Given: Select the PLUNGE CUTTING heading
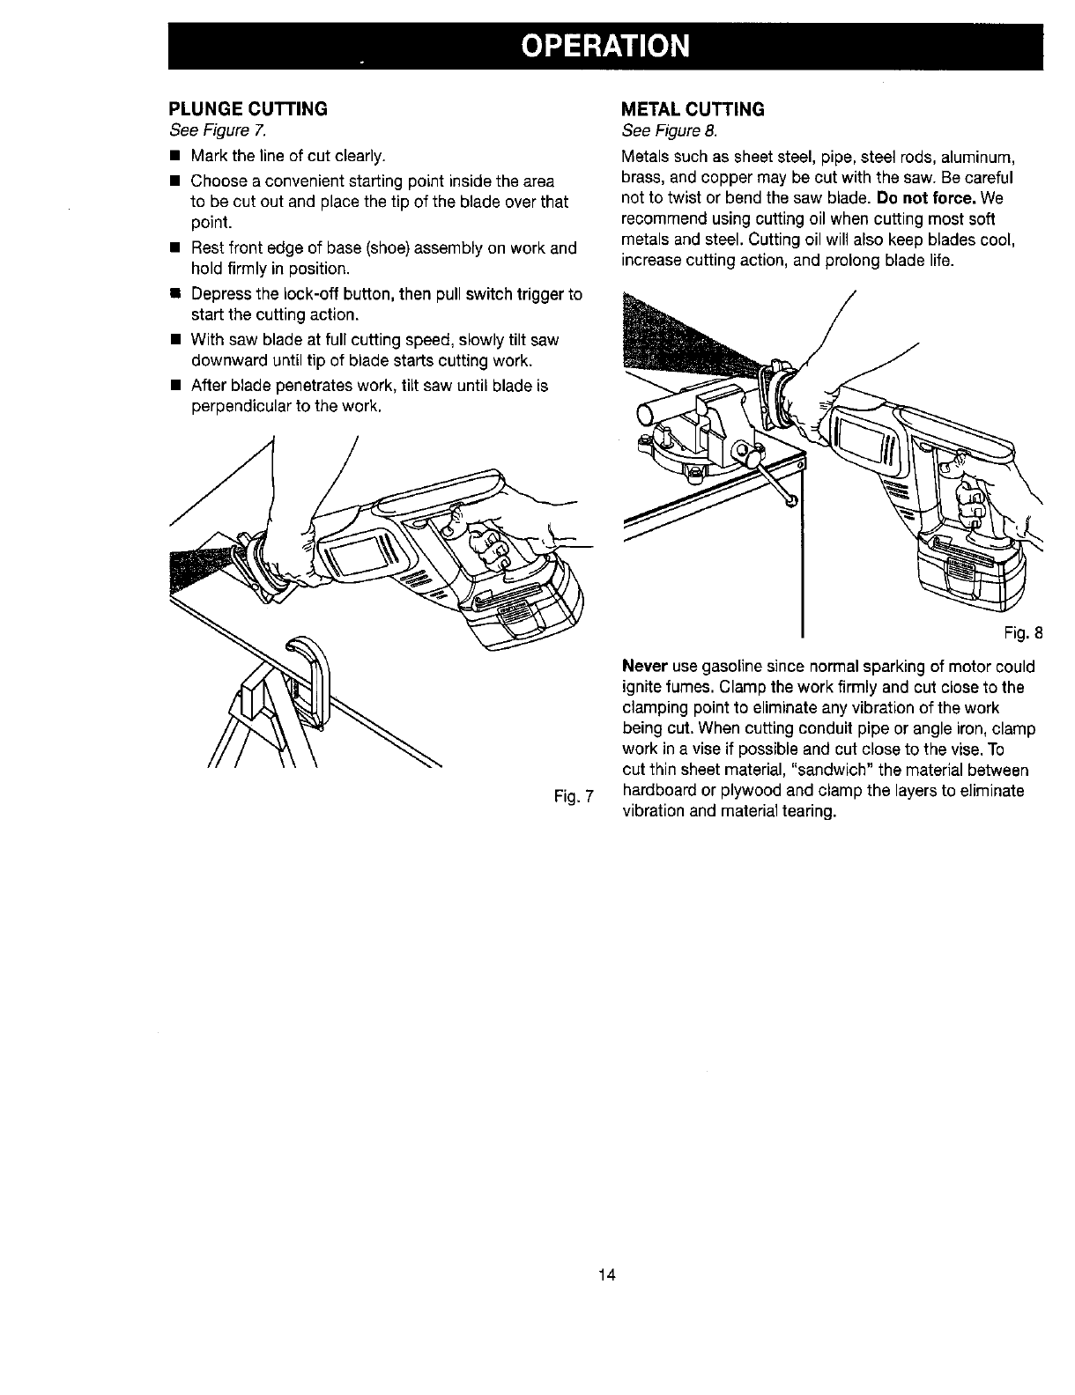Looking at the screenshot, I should pyautogui.click(x=248, y=108).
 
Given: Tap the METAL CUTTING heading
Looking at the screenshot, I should pyautogui.click(x=693, y=109).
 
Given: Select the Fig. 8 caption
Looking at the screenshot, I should pyautogui.click(x=1025, y=631).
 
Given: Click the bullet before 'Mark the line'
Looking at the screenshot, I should pyautogui.click(x=175, y=157).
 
